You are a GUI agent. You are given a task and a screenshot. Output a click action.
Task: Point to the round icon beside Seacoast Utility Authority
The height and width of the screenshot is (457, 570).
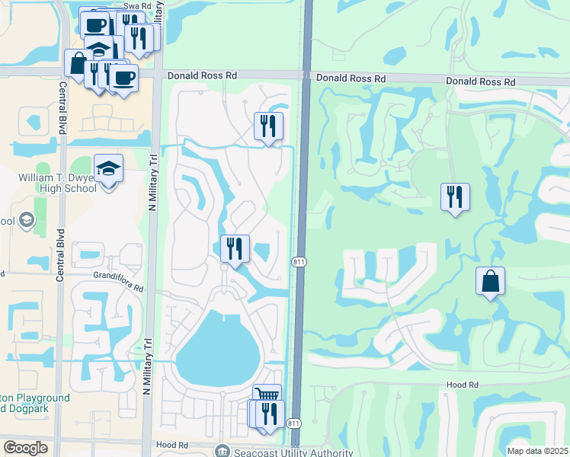pyautogui.click(x=222, y=451)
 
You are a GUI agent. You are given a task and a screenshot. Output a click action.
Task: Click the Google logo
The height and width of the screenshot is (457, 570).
pyautogui.click(x=25, y=448)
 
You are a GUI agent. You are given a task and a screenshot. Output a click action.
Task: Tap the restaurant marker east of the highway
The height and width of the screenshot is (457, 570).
pyautogui.click(x=455, y=197)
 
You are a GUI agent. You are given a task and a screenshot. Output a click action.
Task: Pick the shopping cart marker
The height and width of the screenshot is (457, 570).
pyautogui.click(x=267, y=395)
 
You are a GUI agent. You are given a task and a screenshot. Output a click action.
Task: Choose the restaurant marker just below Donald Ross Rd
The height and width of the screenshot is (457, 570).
pyautogui.click(x=267, y=126)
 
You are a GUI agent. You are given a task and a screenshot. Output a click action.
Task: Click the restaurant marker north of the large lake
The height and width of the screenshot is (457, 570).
pyautogui.click(x=235, y=248)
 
